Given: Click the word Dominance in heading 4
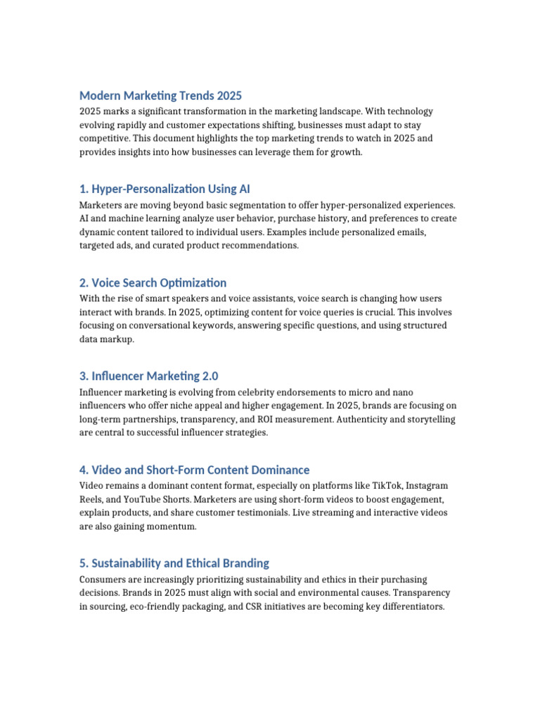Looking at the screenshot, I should coord(282,470).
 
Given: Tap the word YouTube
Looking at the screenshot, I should coord(145,499).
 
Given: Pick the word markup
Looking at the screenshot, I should coord(120,339).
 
